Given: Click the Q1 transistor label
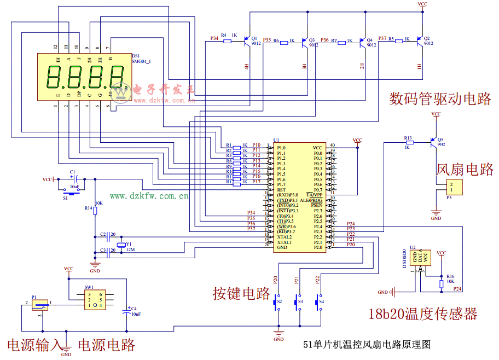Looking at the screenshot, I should tap(254, 38).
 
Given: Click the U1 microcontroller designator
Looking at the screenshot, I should tap(276, 140).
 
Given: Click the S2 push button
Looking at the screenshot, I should tap(277, 301).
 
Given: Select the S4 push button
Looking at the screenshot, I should tap(319, 301).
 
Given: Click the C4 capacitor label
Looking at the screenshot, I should tap(134, 309).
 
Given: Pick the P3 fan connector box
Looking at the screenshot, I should tap(453, 187).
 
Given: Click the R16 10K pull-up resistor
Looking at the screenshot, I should tap(442, 283).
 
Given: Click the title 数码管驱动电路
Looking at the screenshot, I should tap(440, 99).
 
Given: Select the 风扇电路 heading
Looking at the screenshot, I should tap(465, 169).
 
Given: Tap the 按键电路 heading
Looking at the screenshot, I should tap(241, 293).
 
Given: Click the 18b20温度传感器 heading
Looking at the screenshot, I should tap(422, 314).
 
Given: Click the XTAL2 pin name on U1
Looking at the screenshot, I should tap(284, 237).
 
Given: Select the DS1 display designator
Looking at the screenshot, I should tap(136, 56).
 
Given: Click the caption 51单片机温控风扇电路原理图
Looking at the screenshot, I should tap(367, 345).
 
